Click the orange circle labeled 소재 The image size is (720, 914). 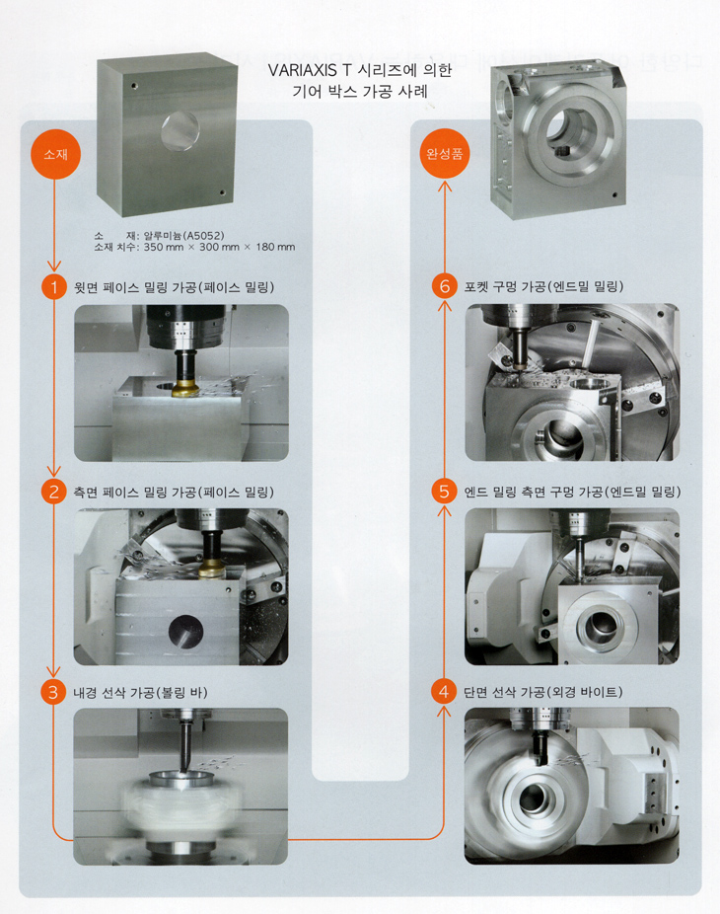coord(55,154)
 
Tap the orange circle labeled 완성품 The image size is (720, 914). coord(445,153)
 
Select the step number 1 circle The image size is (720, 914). coord(54,287)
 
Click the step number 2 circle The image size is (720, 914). coord(53,492)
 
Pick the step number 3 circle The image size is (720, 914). coord(53,692)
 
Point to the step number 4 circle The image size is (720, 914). coord(444,692)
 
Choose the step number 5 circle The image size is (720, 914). coord(444,492)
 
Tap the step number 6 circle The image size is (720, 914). coord(445,286)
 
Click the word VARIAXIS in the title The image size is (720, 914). coord(303,70)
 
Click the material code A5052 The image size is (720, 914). coord(203,236)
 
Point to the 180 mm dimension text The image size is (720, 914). coord(275,247)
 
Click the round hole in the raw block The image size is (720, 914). coord(180,130)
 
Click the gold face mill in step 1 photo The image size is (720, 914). coord(185,389)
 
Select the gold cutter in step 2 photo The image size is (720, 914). coord(212,570)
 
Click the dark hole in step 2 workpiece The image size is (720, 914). coord(185,632)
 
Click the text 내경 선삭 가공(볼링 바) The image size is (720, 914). coord(140,693)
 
